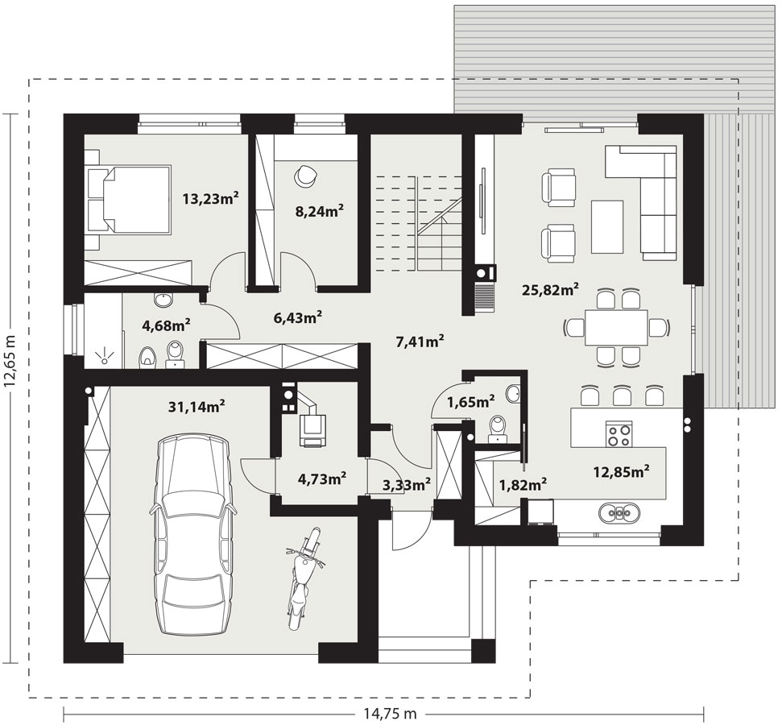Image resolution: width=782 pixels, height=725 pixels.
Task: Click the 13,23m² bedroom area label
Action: [210, 199]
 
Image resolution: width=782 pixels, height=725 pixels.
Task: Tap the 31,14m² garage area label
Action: [197, 406]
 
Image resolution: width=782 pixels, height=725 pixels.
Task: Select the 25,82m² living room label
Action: [551, 289]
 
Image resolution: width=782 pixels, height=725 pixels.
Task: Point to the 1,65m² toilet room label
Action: [471, 401]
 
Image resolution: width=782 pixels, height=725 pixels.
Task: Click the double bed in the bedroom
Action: [129, 200]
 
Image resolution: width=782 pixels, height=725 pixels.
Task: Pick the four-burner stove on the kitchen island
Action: [619, 433]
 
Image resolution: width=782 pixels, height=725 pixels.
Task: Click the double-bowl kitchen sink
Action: [619, 512]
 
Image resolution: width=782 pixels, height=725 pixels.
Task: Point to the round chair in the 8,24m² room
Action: [304, 175]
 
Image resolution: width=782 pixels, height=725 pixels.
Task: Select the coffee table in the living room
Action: [607, 227]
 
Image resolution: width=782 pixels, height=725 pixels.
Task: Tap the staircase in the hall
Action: [420, 222]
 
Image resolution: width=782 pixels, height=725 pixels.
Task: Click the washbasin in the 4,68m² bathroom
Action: [163, 300]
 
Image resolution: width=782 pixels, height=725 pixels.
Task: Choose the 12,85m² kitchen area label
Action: [621, 471]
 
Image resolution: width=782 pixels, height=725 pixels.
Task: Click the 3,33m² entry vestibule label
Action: [407, 484]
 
